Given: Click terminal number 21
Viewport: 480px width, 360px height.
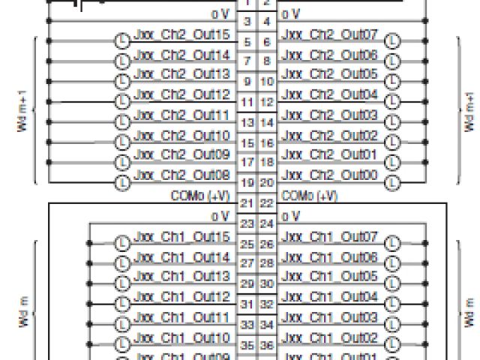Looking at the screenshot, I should (246, 203).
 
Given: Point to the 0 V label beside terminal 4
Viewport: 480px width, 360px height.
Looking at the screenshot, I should (290, 13).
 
